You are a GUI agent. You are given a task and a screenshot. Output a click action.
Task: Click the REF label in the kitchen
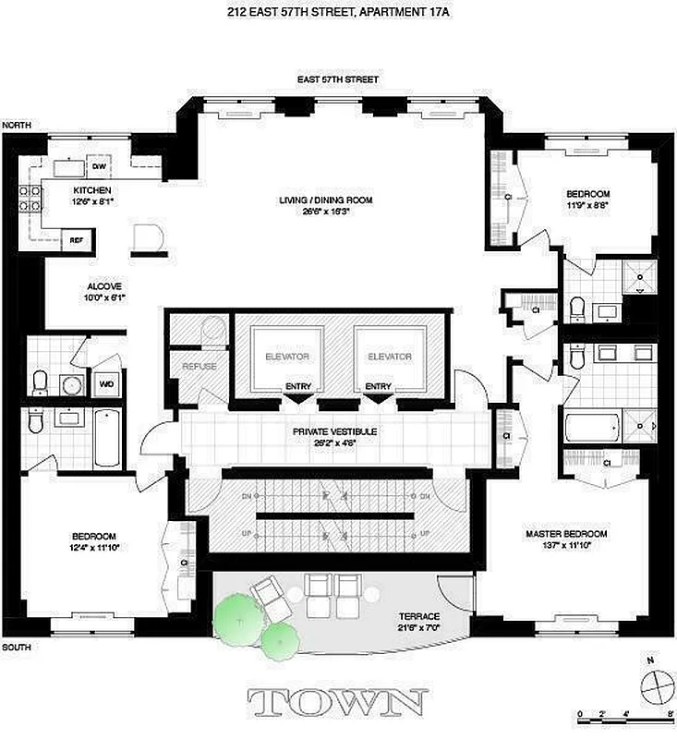pos(78,239)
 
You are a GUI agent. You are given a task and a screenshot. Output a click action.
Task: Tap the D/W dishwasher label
pos(98,166)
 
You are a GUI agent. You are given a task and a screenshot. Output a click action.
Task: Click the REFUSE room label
pos(199,366)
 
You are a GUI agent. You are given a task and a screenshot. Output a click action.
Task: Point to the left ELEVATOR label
pos(286,357)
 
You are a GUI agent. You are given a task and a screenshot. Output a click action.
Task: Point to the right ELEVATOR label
pos(389,357)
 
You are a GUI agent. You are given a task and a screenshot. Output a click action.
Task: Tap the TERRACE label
pos(419,616)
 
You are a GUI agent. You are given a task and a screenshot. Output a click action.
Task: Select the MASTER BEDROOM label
pos(566,535)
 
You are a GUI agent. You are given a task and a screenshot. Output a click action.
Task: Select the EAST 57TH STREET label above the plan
pos(337,80)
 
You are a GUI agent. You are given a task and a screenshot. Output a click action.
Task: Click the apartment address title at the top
pos(337,12)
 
